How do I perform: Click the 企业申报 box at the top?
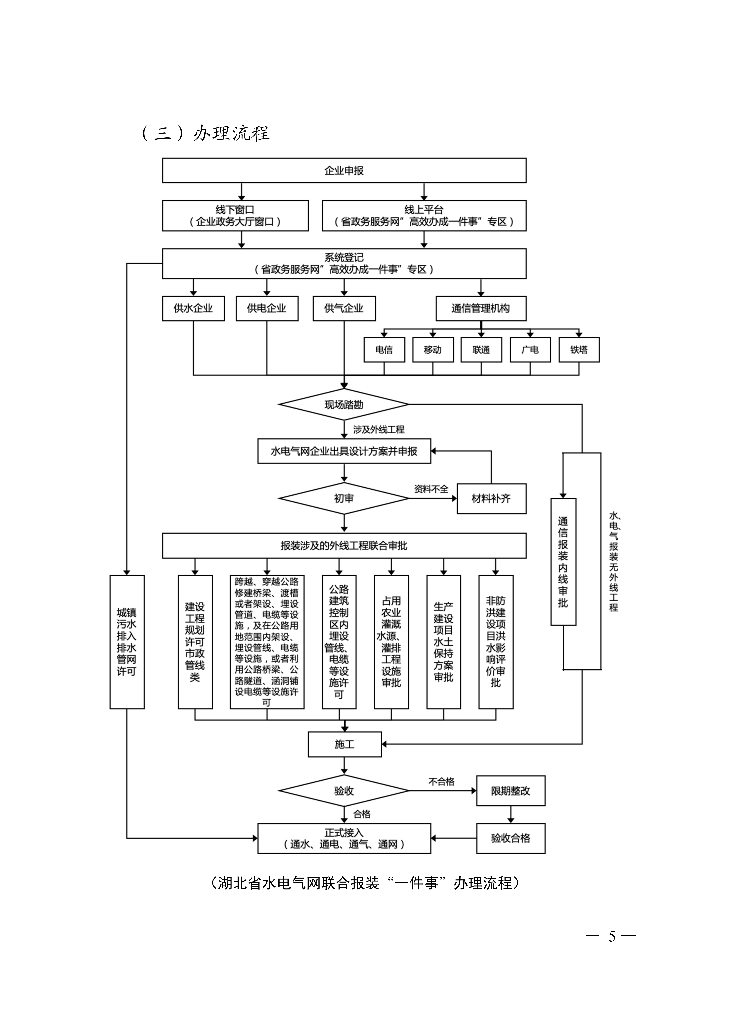(344, 170)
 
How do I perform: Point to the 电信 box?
(384, 350)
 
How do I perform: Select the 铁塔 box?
(579, 350)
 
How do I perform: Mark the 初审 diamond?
(344, 498)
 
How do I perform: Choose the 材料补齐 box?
(491, 498)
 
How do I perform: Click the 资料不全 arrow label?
(431, 489)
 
